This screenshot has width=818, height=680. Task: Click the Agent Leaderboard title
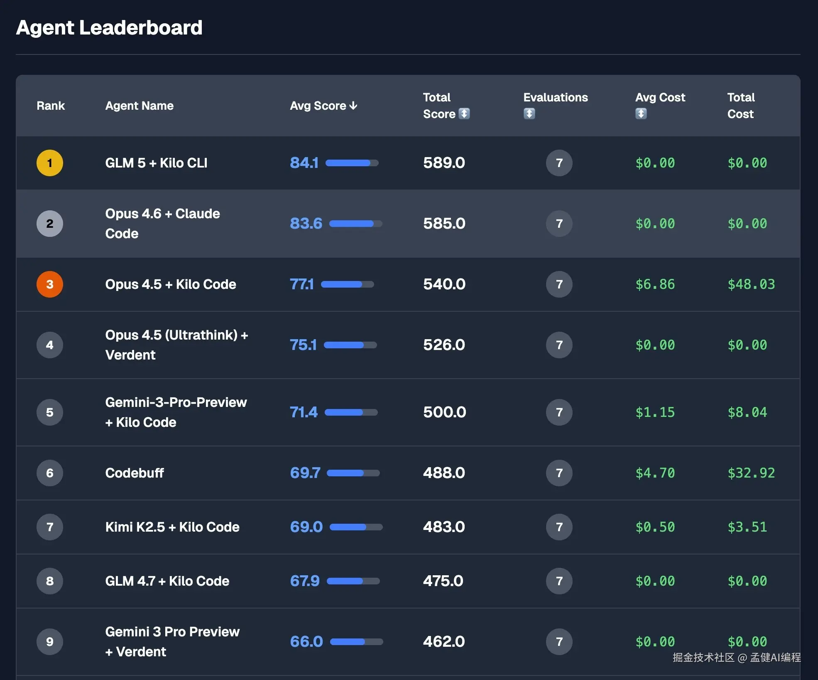coord(109,28)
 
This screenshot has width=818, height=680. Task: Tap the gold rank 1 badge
coord(50,163)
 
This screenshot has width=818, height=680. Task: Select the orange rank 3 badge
coord(50,284)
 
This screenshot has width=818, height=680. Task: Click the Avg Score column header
coord(323,106)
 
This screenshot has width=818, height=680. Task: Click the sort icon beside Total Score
coord(464,113)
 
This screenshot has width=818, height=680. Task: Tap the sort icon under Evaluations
coord(529,113)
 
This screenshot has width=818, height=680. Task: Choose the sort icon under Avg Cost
coord(641,113)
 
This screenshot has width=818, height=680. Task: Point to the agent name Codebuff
coord(135,473)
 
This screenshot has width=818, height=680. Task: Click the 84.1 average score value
coord(304,163)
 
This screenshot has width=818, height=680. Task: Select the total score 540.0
coord(444,284)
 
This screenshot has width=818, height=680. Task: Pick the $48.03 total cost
coord(751,284)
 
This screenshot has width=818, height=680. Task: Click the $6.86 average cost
coord(655,284)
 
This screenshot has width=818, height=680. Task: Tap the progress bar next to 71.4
coord(351,412)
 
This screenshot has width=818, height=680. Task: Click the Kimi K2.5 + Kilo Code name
coord(172,527)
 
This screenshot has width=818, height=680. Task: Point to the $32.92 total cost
coord(751,473)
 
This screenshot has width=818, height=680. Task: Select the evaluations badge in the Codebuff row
coord(559,473)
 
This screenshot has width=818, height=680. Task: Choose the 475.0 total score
coord(443,581)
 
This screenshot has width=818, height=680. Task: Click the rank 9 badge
coord(50,642)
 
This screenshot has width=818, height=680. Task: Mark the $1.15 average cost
coord(655,412)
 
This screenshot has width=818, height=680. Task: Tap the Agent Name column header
coord(140,106)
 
